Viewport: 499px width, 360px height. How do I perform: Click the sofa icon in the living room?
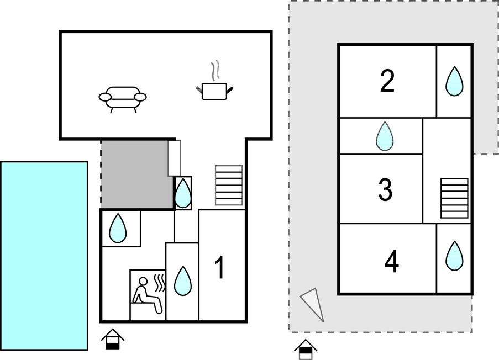coord(123,99)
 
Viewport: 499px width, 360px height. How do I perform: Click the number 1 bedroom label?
coord(220,268)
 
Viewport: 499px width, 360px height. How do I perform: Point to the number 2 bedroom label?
coord(387,81)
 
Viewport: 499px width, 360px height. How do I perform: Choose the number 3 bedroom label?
coord(385,189)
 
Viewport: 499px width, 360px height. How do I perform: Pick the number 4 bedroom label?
coord(391,261)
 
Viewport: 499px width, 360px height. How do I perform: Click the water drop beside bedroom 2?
coord(454,81)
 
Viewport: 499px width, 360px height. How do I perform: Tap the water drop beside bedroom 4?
coord(454,256)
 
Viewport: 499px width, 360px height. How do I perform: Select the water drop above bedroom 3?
coord(385,136)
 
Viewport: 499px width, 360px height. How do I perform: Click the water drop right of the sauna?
coord(183,281)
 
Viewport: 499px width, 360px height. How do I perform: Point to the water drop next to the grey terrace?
coord(183,193)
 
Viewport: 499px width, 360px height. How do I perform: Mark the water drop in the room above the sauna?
coord(118,229)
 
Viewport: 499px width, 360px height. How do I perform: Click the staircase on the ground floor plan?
coord(229,185)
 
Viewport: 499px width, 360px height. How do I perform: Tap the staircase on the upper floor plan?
coord(454,198)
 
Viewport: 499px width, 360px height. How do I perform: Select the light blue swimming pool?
coord(44,256)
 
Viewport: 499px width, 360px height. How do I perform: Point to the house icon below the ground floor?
coord(113,339)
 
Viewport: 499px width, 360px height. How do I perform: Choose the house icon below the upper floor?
coord(306,350)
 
